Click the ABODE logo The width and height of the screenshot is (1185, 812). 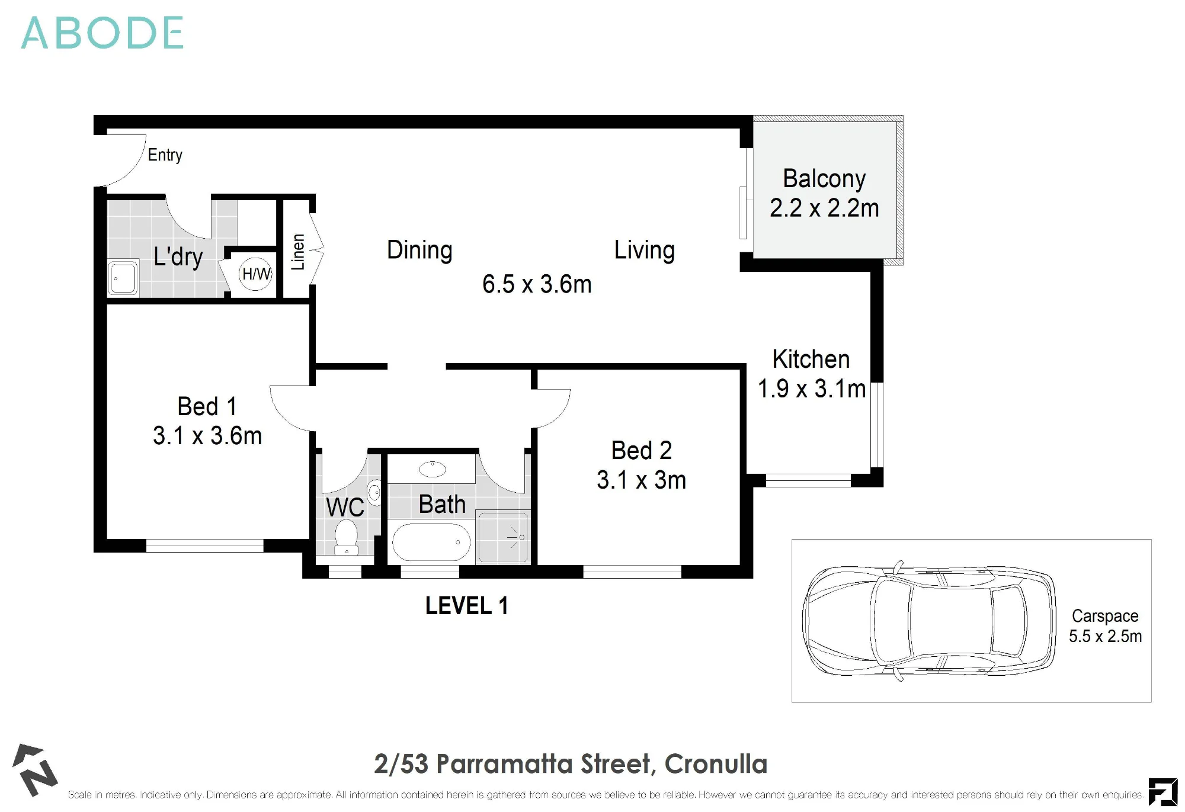click(103, 33)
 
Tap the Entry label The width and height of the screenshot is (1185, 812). click(165, 155)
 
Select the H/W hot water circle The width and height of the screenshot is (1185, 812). click(256, 274)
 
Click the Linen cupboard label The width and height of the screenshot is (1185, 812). click(298, 252)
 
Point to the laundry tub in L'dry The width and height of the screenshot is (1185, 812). click(123, 277)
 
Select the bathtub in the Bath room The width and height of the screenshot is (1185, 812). click(431, 541)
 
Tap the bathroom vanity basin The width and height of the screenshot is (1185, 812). click(433, 469)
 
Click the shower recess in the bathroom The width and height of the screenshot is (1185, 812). click(503, 537)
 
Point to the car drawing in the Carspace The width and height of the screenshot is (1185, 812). click(929, 621)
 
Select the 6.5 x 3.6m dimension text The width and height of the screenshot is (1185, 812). click(537, 284)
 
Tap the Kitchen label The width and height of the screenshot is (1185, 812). click(811, 359)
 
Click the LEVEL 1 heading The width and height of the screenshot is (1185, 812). click(467, 606)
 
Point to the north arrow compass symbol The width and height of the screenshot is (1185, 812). click(35, 770)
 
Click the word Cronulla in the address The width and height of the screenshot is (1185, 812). click(716, 764)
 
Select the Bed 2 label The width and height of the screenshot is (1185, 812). click(642, 451)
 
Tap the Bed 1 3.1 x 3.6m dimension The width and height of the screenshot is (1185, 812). click(207, 436)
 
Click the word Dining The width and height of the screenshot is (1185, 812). click(419, 250)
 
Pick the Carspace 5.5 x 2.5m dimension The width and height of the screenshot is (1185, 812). click(1105, 636)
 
